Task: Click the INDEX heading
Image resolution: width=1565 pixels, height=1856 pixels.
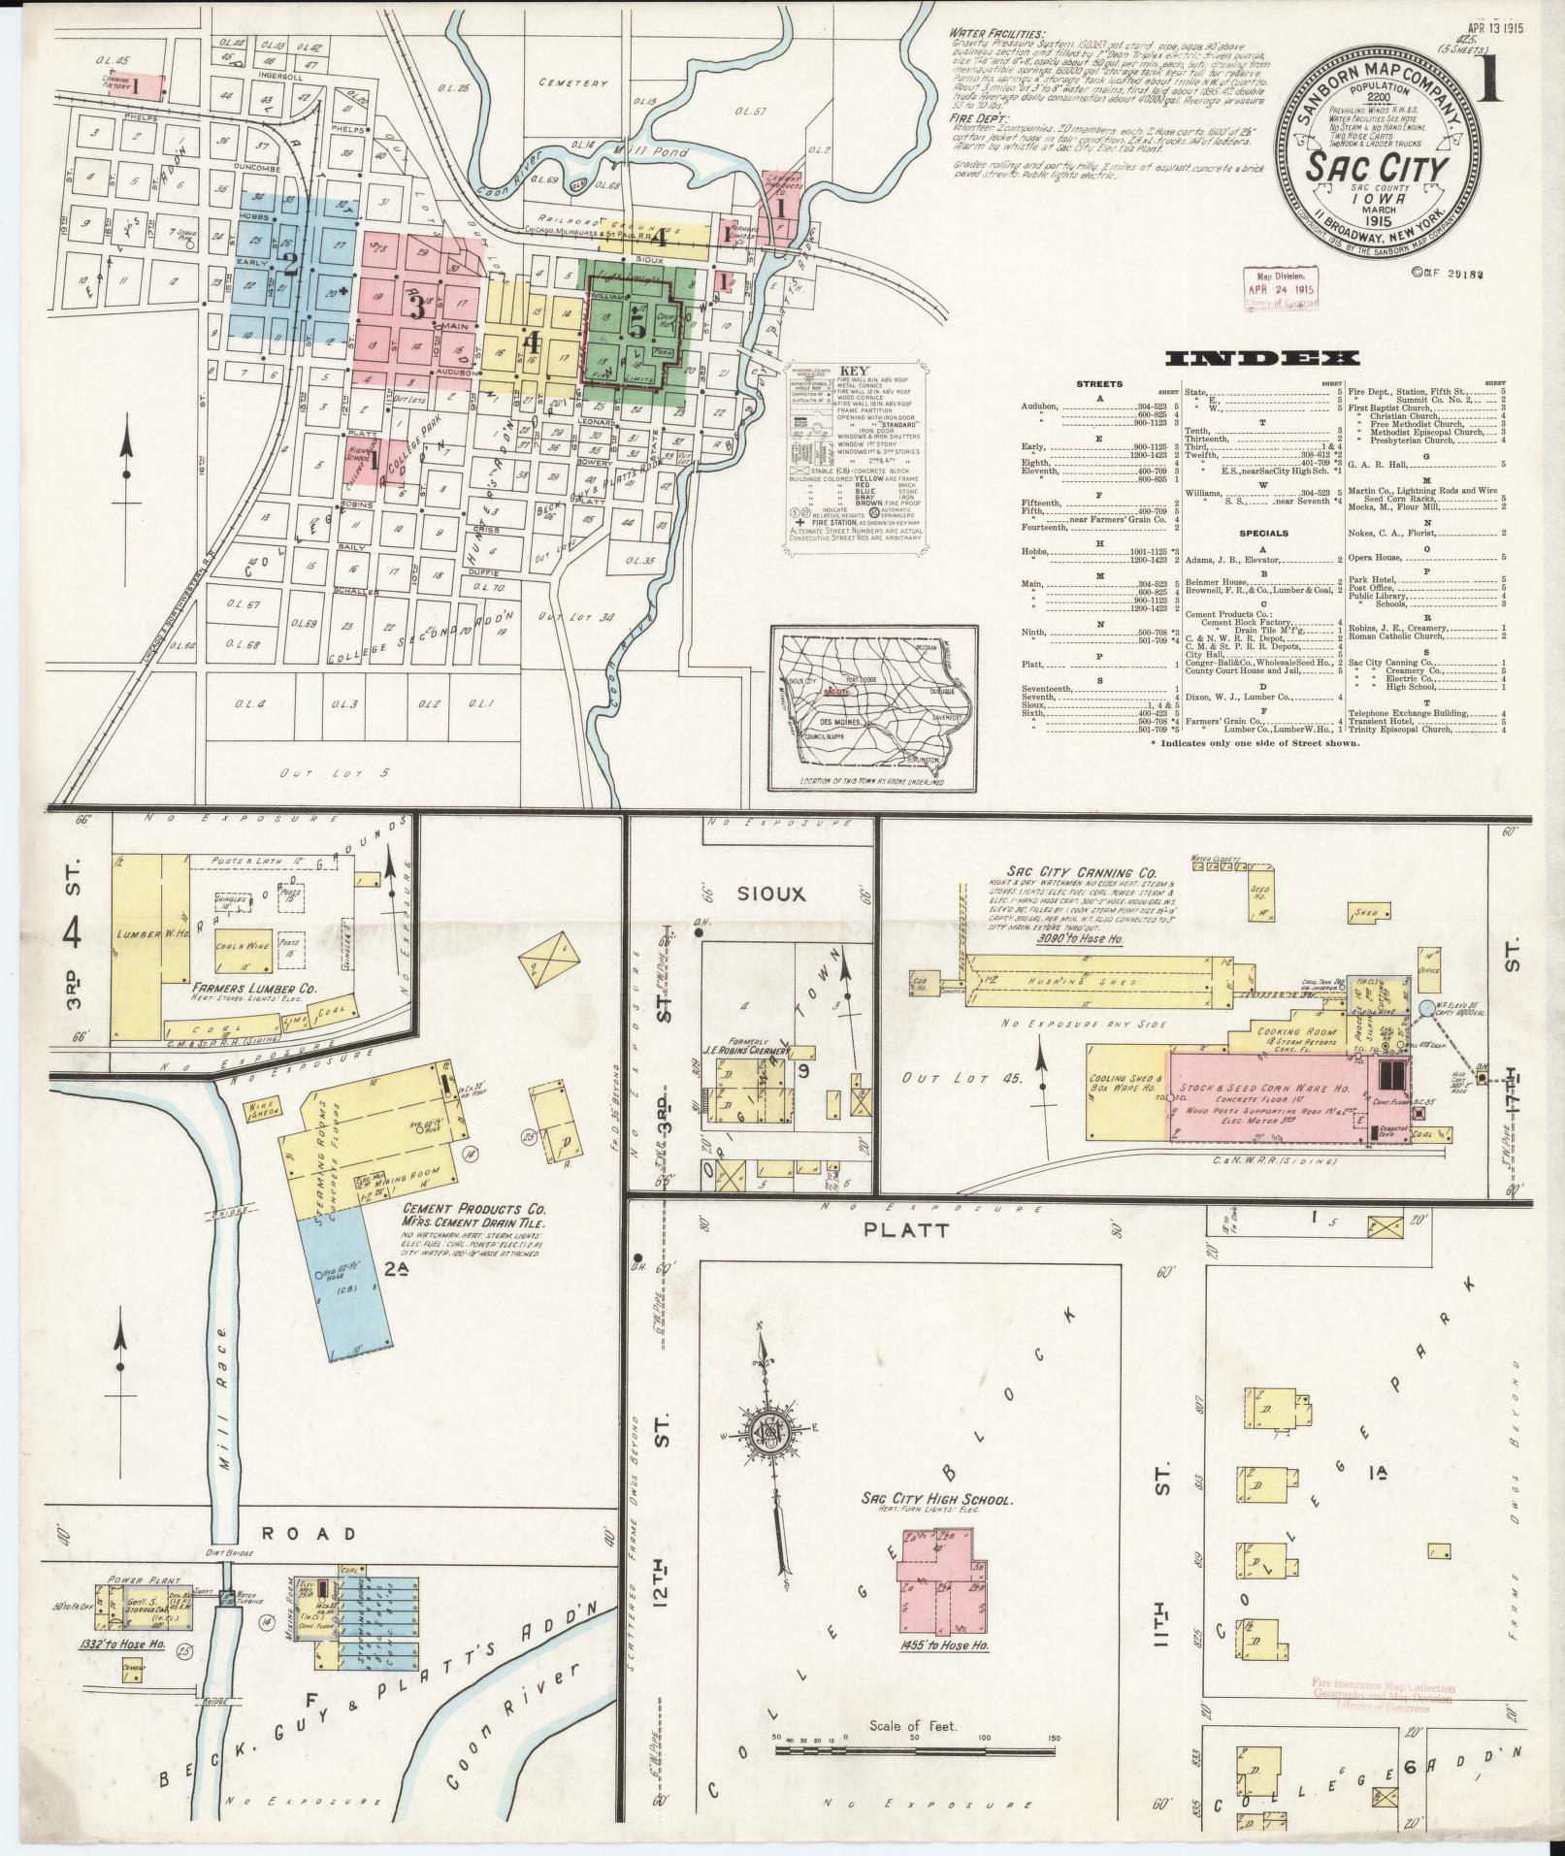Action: click(x=1260, y=358)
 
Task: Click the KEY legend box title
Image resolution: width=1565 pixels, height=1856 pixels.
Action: click(x=854, y=371)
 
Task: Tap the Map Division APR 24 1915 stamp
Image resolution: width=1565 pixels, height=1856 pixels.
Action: click(x=1282, y=288)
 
